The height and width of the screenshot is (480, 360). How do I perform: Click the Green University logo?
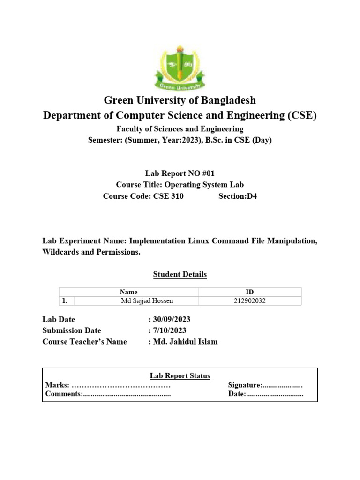coord(180,68)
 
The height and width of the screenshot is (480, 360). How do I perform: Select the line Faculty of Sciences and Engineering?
coord(180,129)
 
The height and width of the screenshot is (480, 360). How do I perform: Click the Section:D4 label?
coord(238,196)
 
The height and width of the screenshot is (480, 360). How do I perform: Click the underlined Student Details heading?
coord(180,274)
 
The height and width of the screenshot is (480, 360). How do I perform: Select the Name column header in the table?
coord(129,292)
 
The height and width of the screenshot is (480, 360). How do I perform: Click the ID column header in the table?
coord(250,292)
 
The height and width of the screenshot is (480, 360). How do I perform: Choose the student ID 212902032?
coord(249,301)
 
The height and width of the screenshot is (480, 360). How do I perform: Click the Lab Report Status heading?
coord(180,376)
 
